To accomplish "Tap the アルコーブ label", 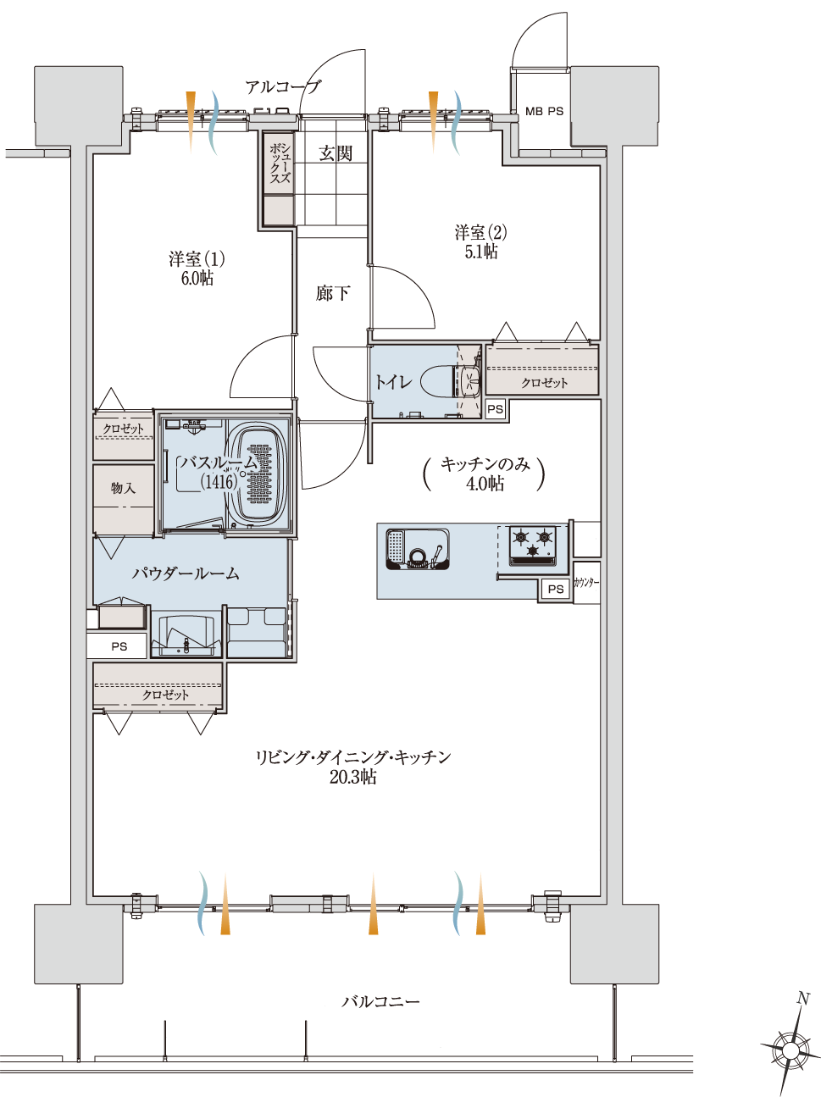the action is tap(282, 87).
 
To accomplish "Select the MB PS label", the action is tap(544, 112).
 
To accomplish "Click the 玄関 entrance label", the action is tap(336, 154).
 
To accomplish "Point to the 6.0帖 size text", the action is tap(197, 278).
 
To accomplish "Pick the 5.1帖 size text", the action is tap(480, 252).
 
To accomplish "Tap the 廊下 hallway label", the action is tap(333, 293).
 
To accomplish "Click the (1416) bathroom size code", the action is tap(219, 482).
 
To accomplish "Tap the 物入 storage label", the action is tap(123, 488).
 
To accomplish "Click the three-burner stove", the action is tap(533, 546).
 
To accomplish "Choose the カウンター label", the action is tap(586, 582).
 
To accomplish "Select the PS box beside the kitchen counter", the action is tap(555, 590).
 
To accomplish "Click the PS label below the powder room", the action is tap(119, 646).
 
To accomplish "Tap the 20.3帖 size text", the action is tap(352, 777).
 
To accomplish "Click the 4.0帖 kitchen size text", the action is tap(485, 484).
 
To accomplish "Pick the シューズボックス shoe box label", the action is tap(280, 163).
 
